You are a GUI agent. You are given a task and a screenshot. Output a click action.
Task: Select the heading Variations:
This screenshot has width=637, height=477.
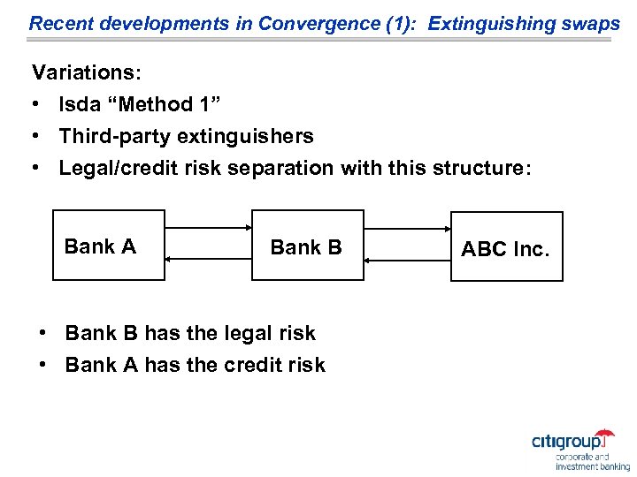[79, 72]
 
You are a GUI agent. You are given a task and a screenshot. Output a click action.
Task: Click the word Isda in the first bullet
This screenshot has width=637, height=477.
[79, 104]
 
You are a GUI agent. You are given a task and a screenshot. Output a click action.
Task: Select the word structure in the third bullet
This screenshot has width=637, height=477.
[478, 168]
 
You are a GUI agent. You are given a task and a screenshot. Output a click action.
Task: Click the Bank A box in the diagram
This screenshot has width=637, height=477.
[109, 246]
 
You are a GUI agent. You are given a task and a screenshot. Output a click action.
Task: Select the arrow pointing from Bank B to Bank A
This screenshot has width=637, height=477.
[208, 258]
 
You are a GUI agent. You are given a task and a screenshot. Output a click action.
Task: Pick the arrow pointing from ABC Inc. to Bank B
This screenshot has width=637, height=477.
[407, 261]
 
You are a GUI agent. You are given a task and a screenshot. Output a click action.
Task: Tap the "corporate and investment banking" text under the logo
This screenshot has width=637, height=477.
[592, 462]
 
